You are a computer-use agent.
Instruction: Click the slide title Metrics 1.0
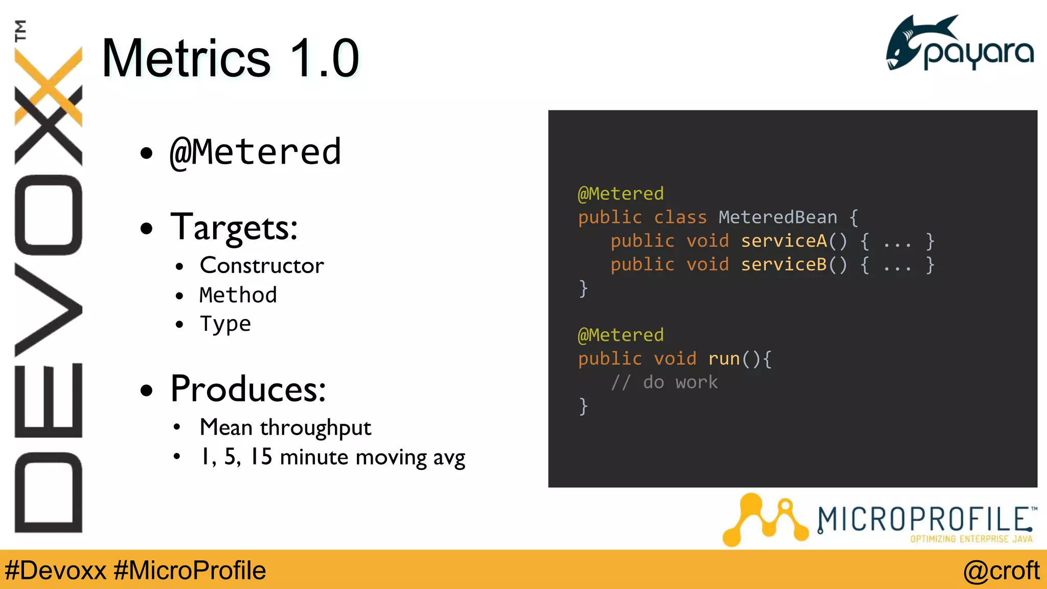coord(230,58)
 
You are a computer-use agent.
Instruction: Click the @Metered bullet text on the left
coord(255,152)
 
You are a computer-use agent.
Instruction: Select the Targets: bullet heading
coord(234,227)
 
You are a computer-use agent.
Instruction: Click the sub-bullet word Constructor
coord(262,265)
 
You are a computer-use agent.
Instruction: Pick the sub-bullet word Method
coord(238,295)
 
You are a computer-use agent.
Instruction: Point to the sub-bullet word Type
coord(225,324)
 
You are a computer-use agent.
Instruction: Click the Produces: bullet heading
coord(248,389)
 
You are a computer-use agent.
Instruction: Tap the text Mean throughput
coord(285,427)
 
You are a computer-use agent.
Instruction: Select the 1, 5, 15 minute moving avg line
coord(332,457)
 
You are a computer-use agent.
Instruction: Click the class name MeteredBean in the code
coord(778,217)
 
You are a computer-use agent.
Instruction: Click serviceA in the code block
coord(783,241)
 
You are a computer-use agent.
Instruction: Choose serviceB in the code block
coord(783,264)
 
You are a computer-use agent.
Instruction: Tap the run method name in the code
coord(724,359)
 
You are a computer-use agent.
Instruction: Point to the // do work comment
coord(665,382)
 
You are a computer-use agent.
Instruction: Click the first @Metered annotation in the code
coord(621,194)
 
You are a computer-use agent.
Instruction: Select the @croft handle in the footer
coord(1001,571)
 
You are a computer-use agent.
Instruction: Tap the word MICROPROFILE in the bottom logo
coord(923,519)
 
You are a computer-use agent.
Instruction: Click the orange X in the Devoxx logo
coord(49,87)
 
